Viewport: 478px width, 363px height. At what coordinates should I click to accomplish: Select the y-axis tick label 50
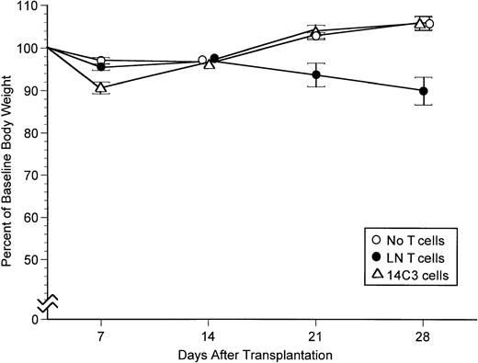(28, 260)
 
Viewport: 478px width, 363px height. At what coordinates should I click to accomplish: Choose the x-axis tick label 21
(315, 335)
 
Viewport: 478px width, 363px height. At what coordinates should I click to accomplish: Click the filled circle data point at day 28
(423, 91)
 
